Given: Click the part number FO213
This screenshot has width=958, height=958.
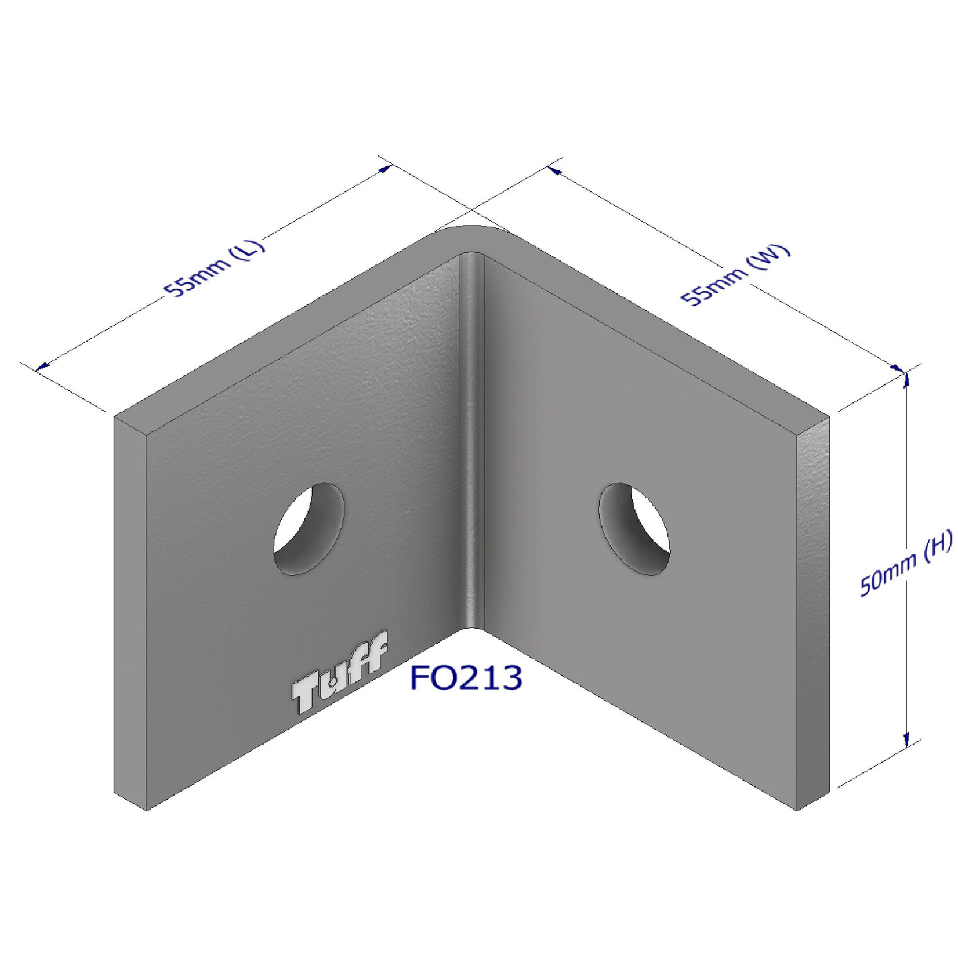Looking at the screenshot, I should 466,677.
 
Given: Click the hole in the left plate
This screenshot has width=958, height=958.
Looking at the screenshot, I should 309,529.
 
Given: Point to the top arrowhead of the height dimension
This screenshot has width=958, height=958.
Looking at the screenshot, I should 906,380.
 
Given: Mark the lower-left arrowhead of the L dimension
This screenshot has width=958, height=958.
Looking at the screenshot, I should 42,366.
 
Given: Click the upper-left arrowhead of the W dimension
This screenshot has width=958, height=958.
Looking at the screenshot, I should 554,170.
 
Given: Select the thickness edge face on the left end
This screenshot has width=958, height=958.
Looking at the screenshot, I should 130,609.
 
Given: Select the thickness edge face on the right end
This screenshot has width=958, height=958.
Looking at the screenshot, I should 813,609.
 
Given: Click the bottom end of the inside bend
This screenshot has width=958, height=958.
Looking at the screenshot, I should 471,625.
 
